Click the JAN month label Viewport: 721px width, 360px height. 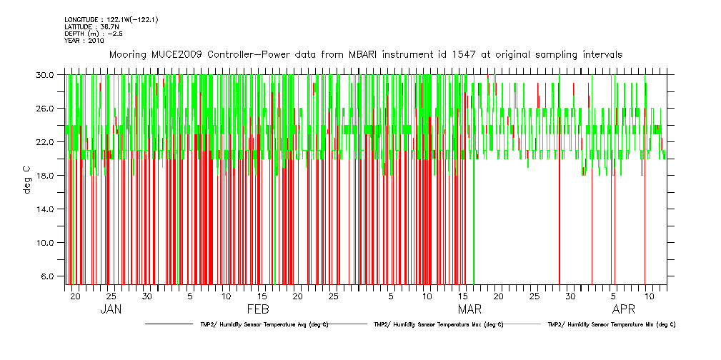point(111,309)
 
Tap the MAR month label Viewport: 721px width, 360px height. point(469,309)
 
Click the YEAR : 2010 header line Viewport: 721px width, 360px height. point(84,41)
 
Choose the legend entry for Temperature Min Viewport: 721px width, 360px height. point(611,324)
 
